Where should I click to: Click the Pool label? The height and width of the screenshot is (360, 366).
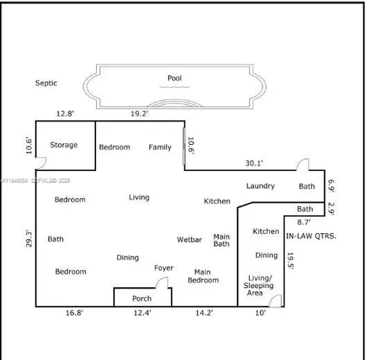(174, 77)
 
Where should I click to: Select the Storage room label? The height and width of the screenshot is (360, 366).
(64, 145)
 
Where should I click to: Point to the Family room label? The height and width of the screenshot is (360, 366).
(160, 147)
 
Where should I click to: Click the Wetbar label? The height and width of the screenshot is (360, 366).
(189, 240)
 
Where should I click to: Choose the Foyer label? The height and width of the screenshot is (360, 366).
(163, 268)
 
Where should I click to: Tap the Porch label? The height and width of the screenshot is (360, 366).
(142, 298)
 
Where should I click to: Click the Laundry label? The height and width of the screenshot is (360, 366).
(260, 186)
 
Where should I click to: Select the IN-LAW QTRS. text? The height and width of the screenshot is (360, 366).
(311, 235)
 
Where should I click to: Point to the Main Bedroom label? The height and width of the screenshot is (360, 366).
(206, 276)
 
